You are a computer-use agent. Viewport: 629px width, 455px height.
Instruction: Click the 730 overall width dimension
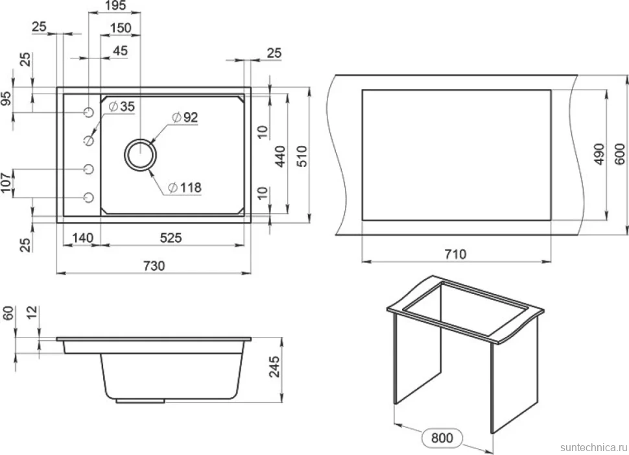pos(154,266)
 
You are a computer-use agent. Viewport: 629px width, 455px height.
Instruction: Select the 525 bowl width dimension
pos(171,238)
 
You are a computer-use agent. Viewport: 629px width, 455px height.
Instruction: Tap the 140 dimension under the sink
pos(82,238)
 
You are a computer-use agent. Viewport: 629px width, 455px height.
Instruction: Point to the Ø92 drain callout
pos(185,117)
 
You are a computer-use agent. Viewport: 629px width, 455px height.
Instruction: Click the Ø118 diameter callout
pos(185,188)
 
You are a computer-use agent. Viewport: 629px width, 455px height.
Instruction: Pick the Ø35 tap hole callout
pos(121,106)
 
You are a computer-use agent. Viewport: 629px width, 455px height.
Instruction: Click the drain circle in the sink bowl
pos(140,154)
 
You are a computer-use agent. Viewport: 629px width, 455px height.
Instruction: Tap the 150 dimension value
pos(121,28)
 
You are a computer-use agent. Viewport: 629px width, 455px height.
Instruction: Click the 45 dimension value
pos(121,51)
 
